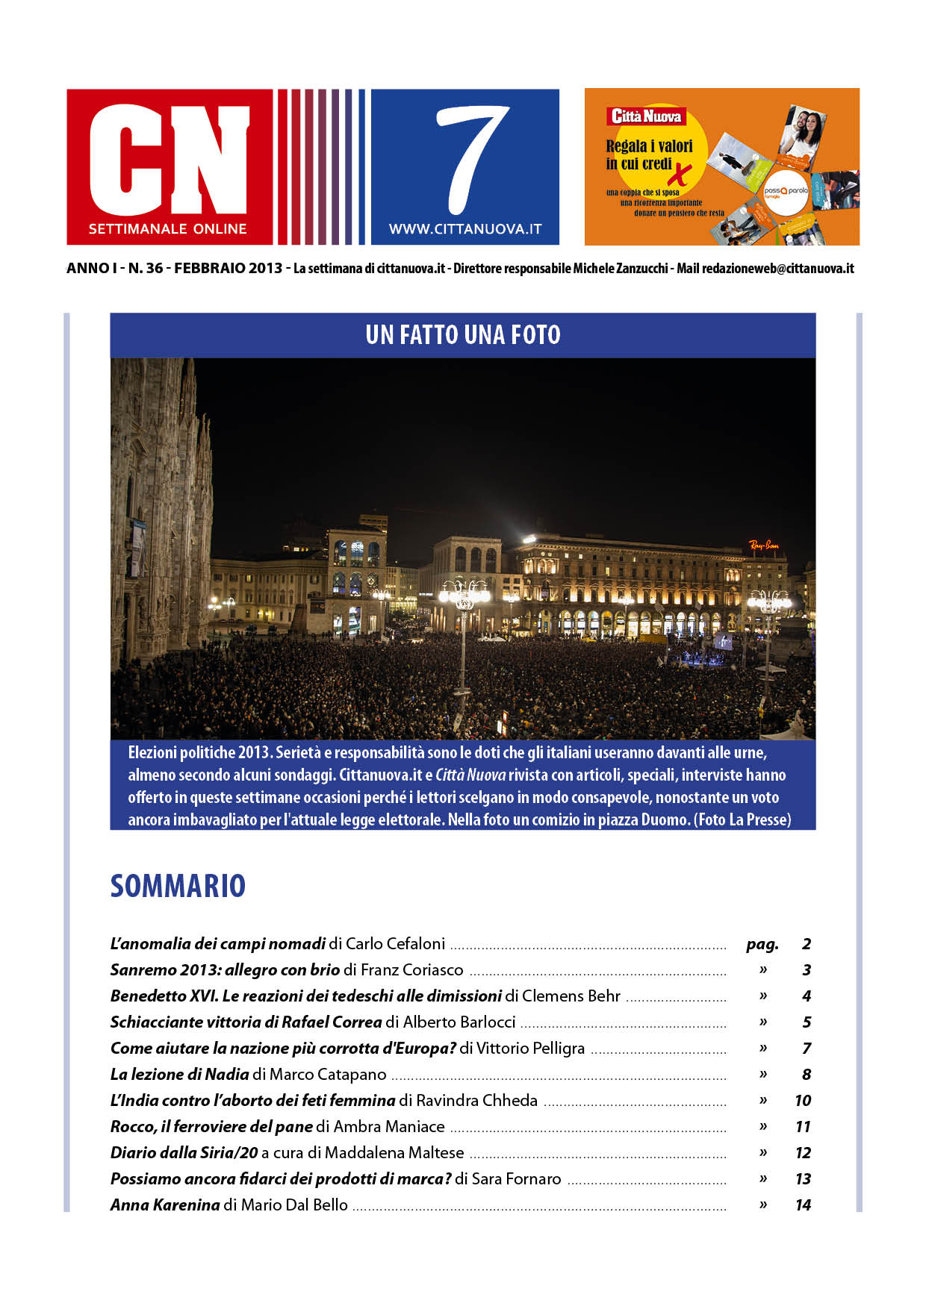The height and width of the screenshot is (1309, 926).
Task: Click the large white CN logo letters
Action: point(169,160)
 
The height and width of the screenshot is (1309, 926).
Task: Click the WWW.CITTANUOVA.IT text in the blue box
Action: point(465,230)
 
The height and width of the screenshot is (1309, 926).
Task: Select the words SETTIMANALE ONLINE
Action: point(167,229)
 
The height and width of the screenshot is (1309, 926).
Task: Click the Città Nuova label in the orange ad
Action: point(646,116)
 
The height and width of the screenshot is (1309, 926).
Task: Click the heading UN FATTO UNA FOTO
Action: point(463,335)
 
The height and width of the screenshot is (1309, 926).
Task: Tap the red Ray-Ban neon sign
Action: point(764,546)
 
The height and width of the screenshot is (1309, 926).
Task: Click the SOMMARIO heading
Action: point(178,887)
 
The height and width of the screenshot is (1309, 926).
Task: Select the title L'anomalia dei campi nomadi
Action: point(218,944)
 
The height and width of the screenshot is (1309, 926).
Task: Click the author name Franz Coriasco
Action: point(411,970)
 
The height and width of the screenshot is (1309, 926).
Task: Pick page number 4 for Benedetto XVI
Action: point(807,996)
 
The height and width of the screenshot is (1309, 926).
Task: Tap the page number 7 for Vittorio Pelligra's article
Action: point(807,1049)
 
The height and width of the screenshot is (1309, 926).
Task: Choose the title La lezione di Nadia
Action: point(179,1075)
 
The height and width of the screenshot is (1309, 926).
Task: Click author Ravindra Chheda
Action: point(476,1101)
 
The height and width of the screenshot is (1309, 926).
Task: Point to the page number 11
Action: point(804,1127)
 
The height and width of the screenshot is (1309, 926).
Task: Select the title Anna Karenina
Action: point(165,1205)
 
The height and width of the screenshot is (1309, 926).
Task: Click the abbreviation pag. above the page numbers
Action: point(762,945)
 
